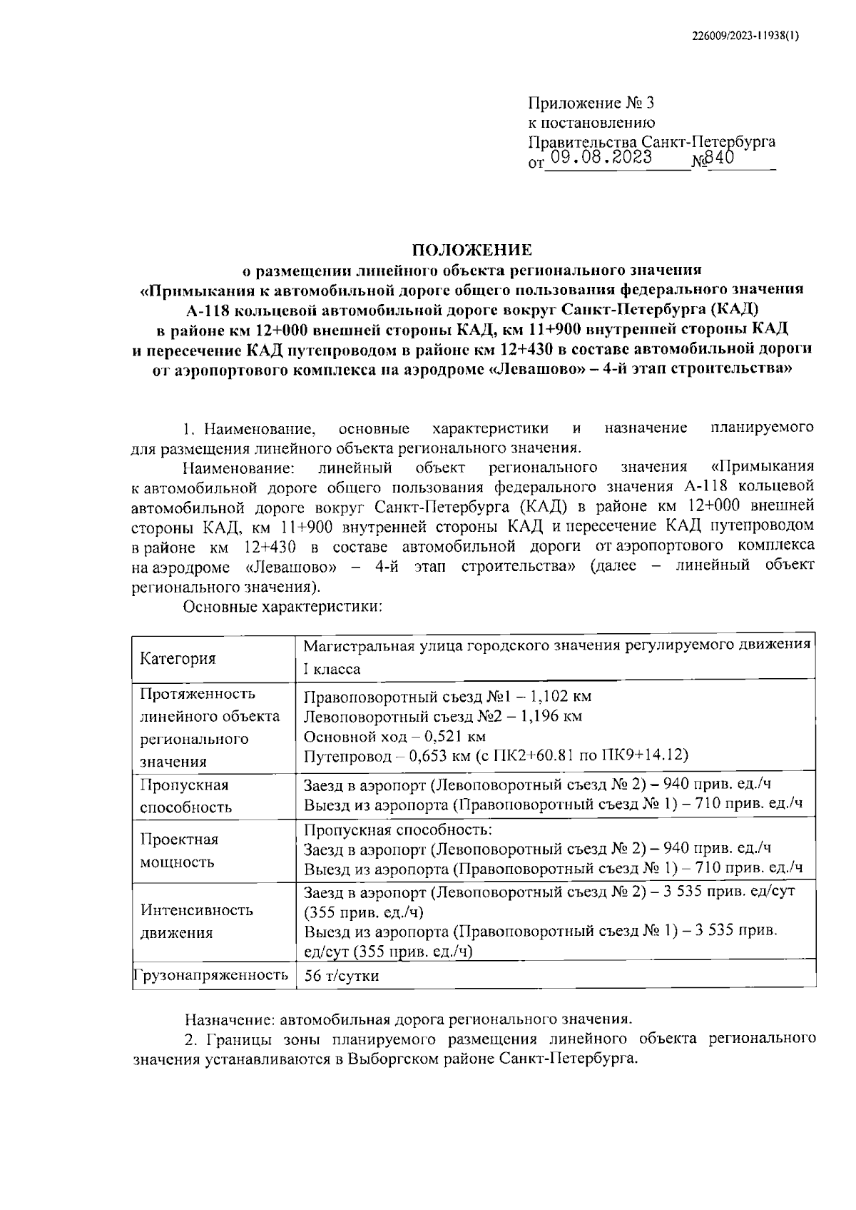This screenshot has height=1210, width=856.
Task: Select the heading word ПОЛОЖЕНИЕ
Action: pyautogui.click(x=472, y=250)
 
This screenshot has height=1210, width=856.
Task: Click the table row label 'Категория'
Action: pyautogui.click(x=178, y=658)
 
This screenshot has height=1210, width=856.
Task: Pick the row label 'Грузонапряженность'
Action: pyautogui.click(x=210, y=975)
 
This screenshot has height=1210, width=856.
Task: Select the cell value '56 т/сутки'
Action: pyautogui.click(x=342, y=976)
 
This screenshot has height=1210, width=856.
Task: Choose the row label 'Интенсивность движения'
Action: pyautogui.click(x=197, y=922)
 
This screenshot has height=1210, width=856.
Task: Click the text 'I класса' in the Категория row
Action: pyautogui.click(x=332, y=670)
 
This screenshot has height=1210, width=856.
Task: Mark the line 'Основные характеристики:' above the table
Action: pyautogui.click(x=284, y=607)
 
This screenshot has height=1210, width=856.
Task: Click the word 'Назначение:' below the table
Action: pyautogui.click(x=230, y=1019)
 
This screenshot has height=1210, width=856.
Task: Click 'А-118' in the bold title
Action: pyautogui.click(x=207, y=310)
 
